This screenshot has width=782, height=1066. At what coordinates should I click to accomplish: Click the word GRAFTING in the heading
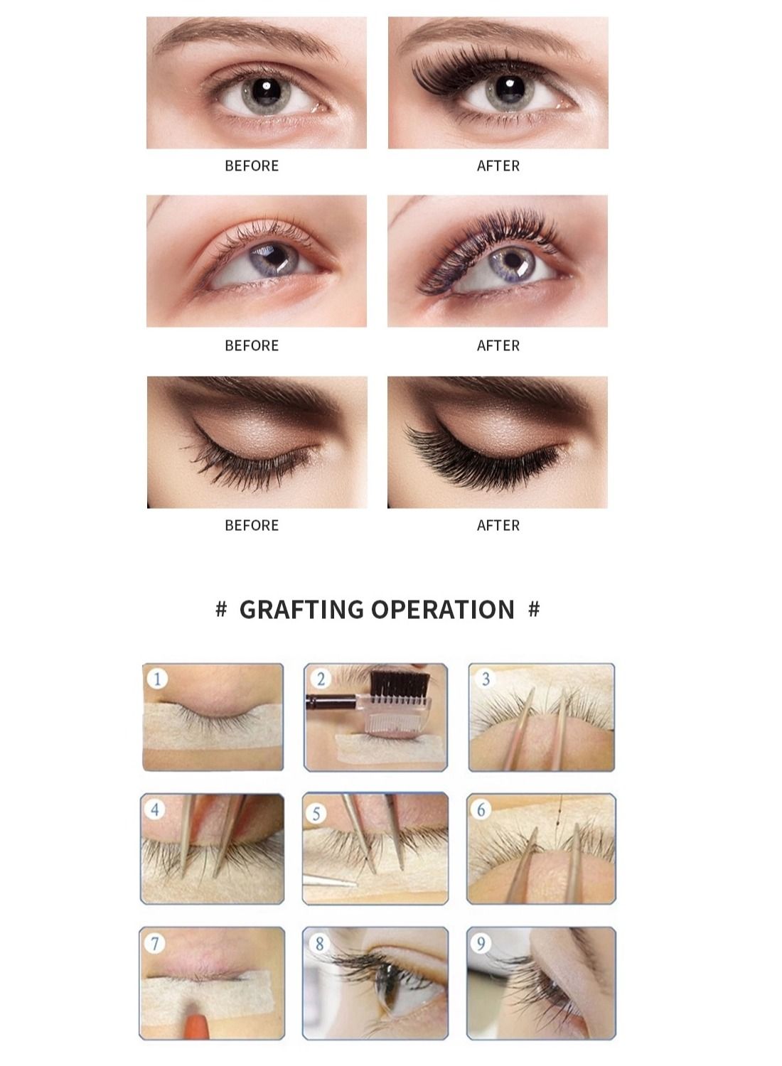301,610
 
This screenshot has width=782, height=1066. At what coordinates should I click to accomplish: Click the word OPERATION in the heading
443,610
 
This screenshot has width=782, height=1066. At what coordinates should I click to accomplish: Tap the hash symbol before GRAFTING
221,609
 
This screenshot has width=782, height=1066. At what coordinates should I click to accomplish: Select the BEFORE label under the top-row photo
252,166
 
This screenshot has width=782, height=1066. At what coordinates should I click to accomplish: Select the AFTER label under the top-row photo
498,166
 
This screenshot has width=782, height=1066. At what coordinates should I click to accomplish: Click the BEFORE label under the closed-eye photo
252,525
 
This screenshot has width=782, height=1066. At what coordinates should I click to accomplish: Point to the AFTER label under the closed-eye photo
498,525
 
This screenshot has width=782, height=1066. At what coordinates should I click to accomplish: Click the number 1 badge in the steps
158,679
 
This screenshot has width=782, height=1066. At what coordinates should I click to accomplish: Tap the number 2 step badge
321,679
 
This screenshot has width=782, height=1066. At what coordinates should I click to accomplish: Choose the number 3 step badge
486,679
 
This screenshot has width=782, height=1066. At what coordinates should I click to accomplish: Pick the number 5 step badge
316,814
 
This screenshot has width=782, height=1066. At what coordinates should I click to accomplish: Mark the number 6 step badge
481,809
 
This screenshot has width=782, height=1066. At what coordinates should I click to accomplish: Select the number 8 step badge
319,944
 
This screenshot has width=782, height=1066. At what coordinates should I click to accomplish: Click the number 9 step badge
481,944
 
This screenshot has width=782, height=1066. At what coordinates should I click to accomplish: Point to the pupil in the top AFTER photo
510,88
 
